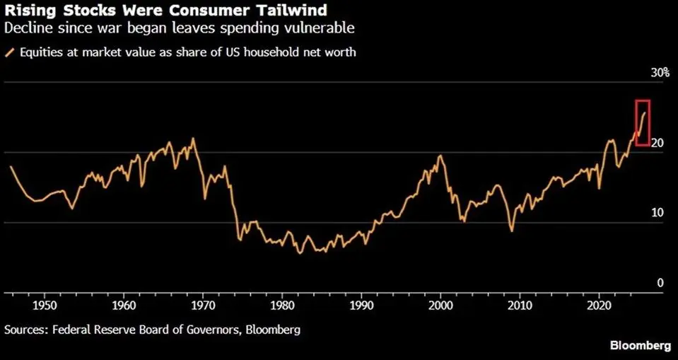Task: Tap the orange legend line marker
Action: [8, 52]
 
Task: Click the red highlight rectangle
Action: [642, 123]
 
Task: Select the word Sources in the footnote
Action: [24, 330]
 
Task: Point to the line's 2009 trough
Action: [511, 231]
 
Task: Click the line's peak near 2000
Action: [440, 156]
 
